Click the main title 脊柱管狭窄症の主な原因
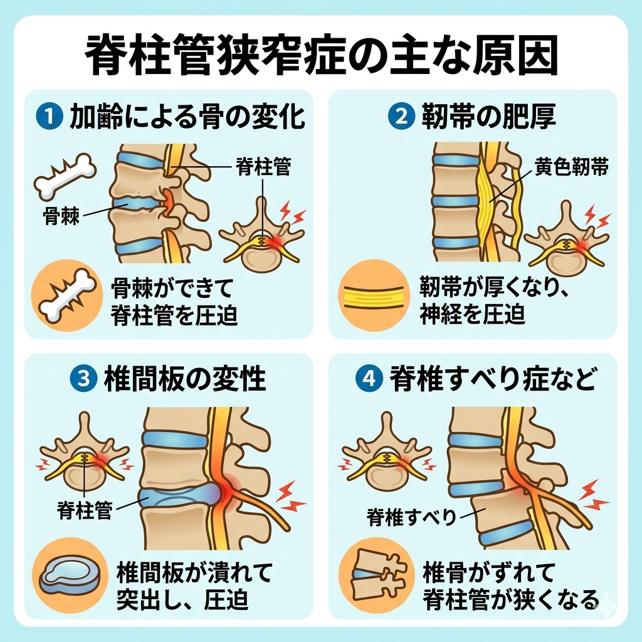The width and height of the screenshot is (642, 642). click(322, 55)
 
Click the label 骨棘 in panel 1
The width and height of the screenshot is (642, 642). click(61, 216)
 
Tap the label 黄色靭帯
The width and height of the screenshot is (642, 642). click(572, 167)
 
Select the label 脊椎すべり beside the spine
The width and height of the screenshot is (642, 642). click(411, 517)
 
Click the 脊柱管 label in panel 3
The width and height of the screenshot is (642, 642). click(85, 510)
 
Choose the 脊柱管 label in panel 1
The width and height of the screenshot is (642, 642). click(263, 167)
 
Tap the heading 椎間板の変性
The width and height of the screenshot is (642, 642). click(185, 378)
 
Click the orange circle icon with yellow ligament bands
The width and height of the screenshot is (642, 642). click(374, 294)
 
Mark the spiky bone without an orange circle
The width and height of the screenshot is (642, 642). click(65, 177)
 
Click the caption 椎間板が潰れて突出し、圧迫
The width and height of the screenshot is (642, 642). click(194, 586)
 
